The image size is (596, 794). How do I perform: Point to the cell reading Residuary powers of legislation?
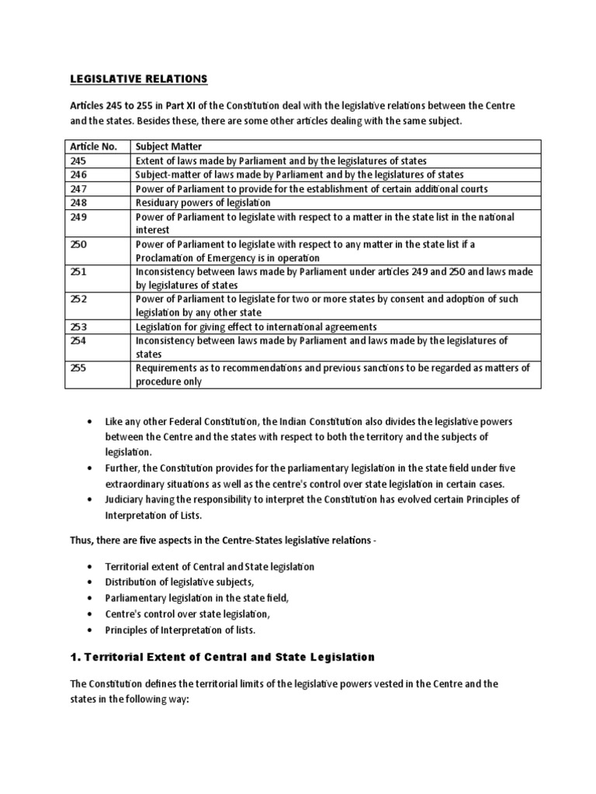coord(201,202)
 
